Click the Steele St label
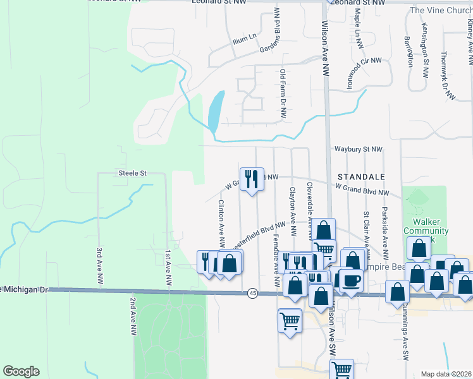[x=132, y=172]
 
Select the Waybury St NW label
[x=359, y=149]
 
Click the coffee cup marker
[x=352, y=280]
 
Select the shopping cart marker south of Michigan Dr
[x=290, y=322]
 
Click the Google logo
[x=21, y=371]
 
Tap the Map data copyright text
[x=446, y=374]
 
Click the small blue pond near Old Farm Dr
[x=216, y=111]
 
